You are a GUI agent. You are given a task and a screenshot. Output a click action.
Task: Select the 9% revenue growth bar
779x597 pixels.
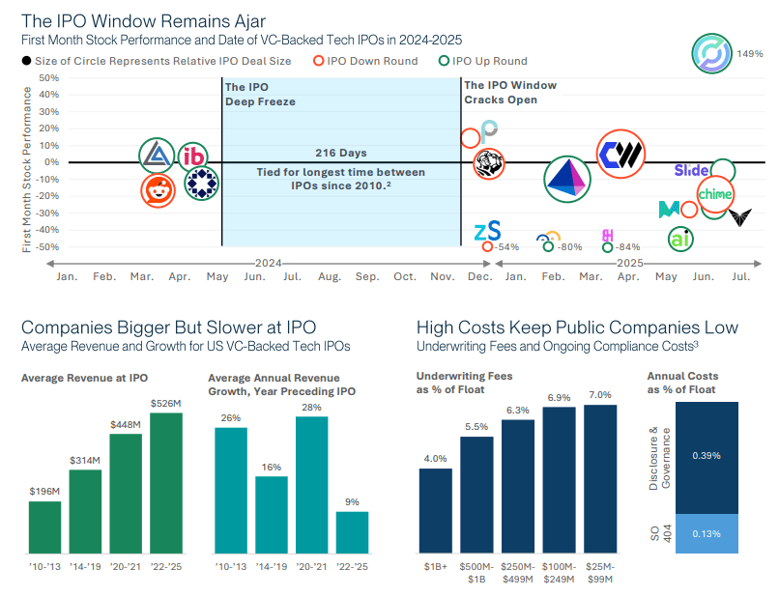[x=352, y=532]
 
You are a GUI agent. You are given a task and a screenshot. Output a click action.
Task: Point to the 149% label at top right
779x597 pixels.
[x=751, y=53]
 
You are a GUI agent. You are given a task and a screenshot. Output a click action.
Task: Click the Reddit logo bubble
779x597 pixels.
[x=158, y=191]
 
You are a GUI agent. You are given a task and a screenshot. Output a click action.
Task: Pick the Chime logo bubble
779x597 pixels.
[x=715, y=194]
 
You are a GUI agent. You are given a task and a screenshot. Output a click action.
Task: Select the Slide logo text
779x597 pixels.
[x=691, y=170]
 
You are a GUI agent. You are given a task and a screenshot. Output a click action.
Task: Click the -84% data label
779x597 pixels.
[x=628, y=247]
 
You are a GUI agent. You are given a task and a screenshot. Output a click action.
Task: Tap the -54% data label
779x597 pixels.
[x=506, y=247]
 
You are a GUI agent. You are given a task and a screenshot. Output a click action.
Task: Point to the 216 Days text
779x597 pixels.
[x=341, y=153]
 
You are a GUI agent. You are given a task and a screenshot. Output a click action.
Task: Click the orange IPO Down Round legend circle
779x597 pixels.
[x=320, y=62]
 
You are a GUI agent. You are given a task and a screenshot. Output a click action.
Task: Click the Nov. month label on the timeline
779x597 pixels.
[x=442, y=277]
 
